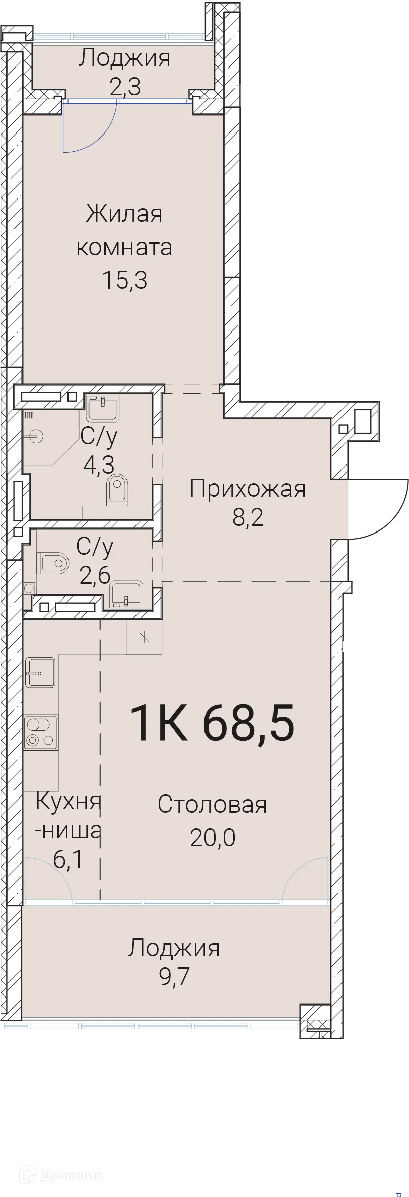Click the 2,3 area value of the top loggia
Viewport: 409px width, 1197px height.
[124, 87]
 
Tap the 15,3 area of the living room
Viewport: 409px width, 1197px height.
[124, 280]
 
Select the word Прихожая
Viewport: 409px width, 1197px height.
[247, 489]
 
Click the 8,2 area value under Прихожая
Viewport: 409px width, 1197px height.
[247, 517]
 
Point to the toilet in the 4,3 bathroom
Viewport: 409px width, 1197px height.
[117, 488]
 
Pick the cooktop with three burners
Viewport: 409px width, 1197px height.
[41, 734]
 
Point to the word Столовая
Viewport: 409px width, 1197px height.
[212, 804]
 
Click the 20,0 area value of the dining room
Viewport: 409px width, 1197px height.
[212, 837]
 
